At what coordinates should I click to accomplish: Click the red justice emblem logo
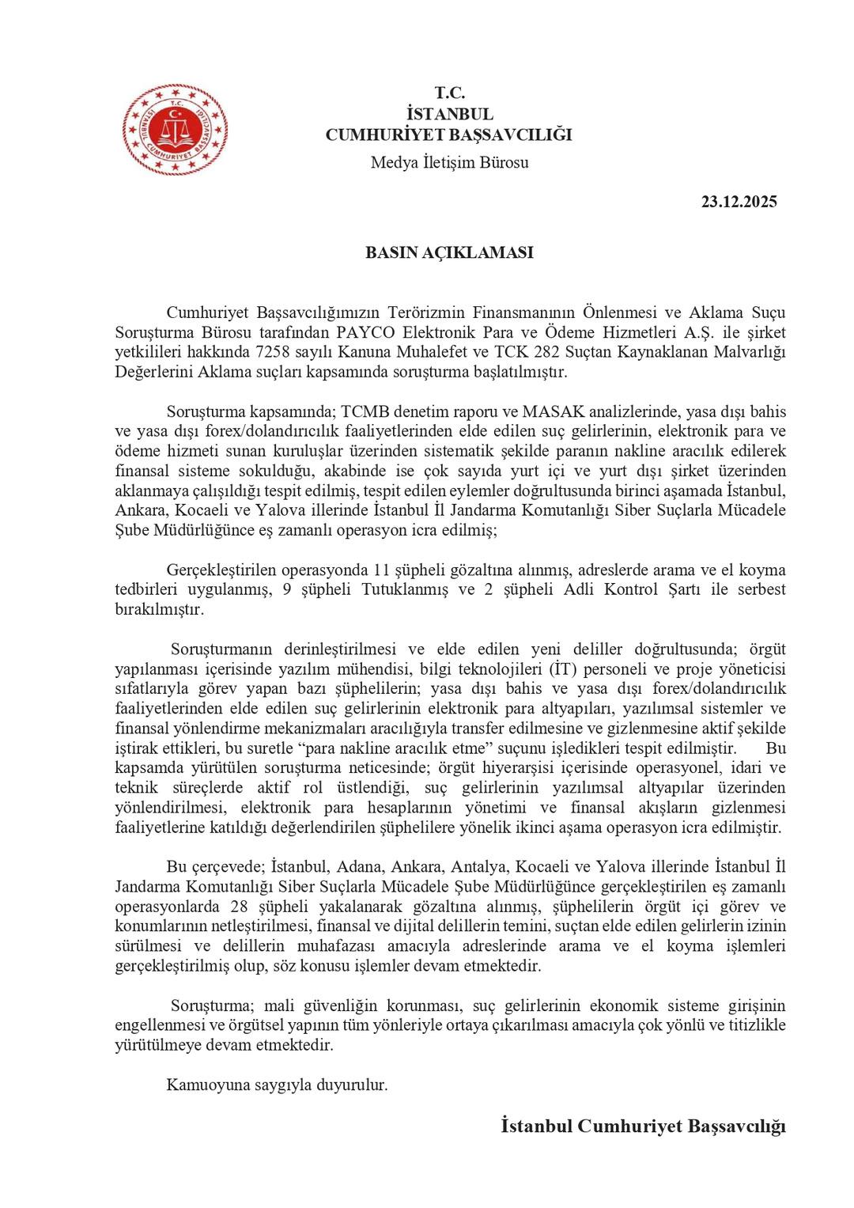(x=175, y=130)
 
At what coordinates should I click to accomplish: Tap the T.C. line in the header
(x=449, y=93)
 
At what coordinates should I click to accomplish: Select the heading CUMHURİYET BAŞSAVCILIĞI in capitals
(x=448, y=134)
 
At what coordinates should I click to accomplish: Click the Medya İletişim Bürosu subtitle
(x=449, y=163)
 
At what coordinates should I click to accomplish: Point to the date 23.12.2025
(x=739, y=202)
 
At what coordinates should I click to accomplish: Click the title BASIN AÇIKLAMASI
(x=448, y=252)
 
